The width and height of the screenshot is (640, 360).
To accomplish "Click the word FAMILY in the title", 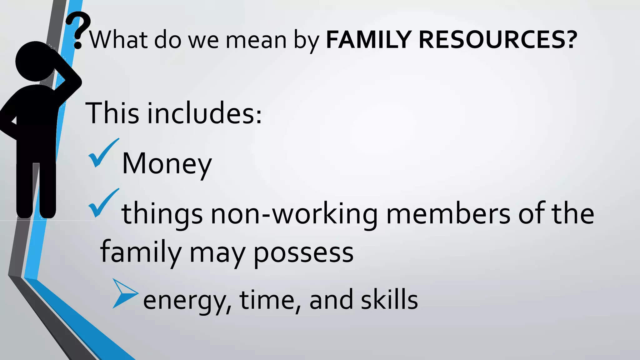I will click(x=368, y=40).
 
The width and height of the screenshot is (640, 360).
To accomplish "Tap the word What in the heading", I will click(x=118, y=40).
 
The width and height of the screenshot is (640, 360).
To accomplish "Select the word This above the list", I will click(x=112, y=113).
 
